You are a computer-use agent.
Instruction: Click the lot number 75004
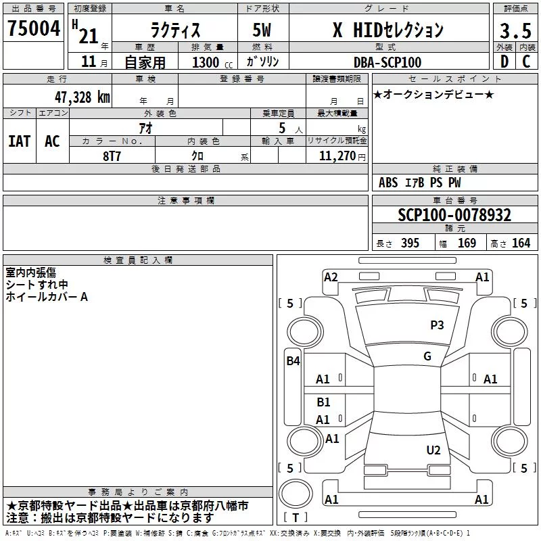coord(33,28)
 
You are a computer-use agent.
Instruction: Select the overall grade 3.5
coord(515,30)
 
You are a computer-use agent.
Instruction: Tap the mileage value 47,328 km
coord(83,97)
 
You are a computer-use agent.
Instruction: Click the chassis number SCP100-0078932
coord(454,215)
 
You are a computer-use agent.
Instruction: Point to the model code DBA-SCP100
coord(387,62)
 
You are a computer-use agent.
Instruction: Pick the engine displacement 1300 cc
coord(212,63)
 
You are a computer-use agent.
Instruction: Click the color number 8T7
coord(112,156)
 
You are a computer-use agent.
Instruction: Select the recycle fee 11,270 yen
coord(342,156)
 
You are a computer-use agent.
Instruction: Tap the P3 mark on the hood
coord(437,325)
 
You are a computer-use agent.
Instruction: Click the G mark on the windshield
coord(427,356)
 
